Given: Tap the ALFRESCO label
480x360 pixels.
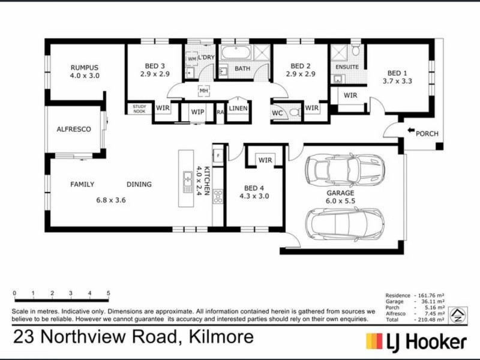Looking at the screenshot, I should [x=73, y=129].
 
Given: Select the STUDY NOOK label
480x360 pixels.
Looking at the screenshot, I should [x=139, y=108].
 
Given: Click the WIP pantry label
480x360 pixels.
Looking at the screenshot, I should [x=197, y=112].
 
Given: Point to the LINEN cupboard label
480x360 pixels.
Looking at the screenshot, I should [x=238, y=108].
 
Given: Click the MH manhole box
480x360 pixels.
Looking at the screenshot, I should [x=203, y=91].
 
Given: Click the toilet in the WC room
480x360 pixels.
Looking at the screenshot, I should [x=294, y=112].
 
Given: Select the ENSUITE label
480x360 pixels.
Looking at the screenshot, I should [x=347, y=67].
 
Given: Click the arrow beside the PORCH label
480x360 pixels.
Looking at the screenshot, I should [x=411, y=130].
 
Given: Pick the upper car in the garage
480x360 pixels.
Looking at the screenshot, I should [x=344, y=170].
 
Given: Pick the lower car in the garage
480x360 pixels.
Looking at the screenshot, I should [x=344, y=224].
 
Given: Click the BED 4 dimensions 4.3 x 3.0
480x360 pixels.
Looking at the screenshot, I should [x=254, y=196].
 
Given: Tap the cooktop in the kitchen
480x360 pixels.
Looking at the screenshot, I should [x=218, y=196].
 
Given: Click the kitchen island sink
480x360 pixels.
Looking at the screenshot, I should [x=187, y=178].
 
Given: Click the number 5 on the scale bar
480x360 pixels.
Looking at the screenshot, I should [x=109, y=293].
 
